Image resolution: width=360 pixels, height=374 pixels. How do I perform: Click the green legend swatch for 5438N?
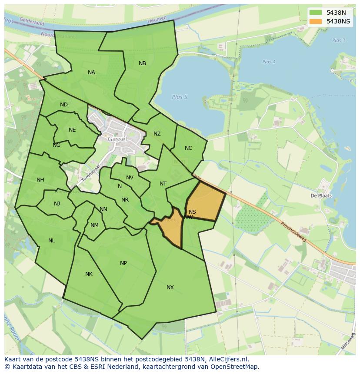tap(316, 13)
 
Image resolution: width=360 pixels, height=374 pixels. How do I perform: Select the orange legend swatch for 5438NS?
tap(316, 21)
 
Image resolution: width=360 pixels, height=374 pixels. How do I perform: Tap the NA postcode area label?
tap(91, 73)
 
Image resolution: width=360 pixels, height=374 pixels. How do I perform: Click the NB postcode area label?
tap(142, 63)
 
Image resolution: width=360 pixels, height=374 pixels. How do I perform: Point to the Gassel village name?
tap(117, 139)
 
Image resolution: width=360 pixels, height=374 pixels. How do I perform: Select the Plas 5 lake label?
tap(179, 97)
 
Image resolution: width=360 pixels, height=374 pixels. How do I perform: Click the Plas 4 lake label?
tap(269, 62)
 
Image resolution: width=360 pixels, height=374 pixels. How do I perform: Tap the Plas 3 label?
tap(338, 40)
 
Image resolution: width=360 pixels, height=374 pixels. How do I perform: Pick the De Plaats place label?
tap(321, 195)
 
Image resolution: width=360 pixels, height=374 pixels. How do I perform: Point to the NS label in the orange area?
tap(192, 212)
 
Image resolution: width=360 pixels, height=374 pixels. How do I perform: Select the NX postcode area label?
tap(170, 288)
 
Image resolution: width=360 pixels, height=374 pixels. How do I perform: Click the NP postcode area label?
tap(123, 263)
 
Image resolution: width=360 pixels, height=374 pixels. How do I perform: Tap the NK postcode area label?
tap(89, 274)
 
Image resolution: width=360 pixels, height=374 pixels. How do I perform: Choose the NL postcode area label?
tap(52, 241)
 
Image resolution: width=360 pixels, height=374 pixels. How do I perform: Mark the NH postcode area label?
tap(40, 180)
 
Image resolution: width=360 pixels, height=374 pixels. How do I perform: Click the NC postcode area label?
tap(188, 148)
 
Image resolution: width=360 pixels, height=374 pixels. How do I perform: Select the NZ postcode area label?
tap(157, 134)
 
